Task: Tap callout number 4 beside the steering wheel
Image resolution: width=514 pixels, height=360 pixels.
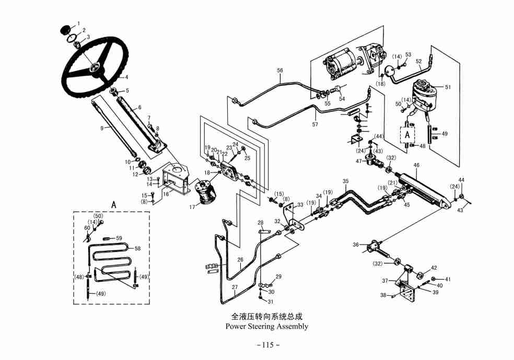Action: pos(126,77)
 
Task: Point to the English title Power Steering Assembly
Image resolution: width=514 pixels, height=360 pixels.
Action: pos(266,327)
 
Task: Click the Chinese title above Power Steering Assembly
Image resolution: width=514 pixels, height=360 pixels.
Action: pos(266,317)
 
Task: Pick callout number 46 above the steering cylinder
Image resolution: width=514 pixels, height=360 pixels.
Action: pos(416,165)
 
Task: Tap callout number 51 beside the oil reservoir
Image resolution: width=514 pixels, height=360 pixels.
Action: pos(447,87)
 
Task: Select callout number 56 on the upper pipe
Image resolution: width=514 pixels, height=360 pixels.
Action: pos(280,70)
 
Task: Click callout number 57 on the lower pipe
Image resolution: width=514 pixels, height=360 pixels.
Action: pos(314,124)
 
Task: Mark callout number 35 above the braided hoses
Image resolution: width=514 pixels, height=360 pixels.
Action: pos(345,181)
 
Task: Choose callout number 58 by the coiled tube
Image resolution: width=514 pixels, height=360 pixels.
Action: pos(137,248)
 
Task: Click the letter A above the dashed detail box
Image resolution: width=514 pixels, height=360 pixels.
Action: pos(113,204)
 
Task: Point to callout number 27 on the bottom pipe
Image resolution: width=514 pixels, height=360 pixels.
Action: pos(235,287)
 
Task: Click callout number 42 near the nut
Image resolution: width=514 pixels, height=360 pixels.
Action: pos(434,268)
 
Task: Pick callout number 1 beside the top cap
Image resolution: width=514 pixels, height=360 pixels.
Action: pos(78,23)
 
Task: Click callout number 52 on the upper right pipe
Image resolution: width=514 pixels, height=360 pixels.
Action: pos(418,61)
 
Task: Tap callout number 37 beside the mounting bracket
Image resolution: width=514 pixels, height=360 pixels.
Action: pos(385,281)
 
